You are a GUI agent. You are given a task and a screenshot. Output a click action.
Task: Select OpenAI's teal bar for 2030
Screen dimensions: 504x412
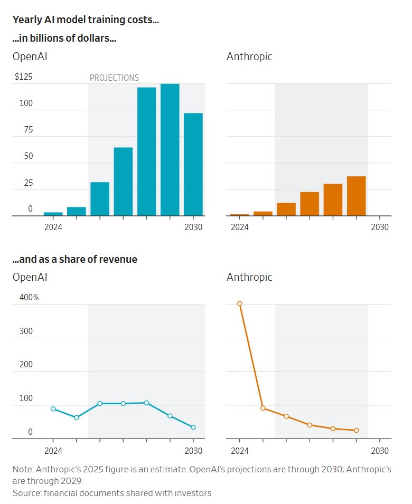click(x=193, y=164)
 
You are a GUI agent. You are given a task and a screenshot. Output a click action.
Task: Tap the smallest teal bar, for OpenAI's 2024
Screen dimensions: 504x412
click(x=53, y=214)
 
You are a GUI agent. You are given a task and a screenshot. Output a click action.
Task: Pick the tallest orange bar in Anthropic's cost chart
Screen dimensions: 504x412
click(x=356, y=196)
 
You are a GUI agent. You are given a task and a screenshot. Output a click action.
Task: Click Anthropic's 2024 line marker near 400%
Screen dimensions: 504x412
click(x=239, y=303)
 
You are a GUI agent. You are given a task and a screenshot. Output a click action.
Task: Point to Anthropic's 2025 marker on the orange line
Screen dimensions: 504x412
click(x=263, y=408)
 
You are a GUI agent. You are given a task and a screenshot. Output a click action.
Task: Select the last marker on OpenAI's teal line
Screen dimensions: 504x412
click(x=193, y=427)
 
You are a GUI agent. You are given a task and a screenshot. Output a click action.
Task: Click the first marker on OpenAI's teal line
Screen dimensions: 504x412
click(x=53, y=408)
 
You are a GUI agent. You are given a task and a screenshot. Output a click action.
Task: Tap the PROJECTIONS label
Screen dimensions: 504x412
click(x=114, y=78)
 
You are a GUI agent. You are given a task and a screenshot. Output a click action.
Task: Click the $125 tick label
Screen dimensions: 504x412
click(x=23, y=77)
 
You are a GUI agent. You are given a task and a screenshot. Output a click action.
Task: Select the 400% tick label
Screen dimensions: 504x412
click(x=29, y=298)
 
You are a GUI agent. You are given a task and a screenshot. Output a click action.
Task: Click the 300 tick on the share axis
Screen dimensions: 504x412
click(x=26, y=331)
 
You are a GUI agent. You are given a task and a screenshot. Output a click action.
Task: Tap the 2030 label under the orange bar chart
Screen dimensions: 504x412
click(x=380, y=227)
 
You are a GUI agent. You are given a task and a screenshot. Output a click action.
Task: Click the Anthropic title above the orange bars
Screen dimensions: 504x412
click(x=249, y=56)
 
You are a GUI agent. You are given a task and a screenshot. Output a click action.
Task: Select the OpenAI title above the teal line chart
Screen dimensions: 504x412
click(x=30, y=277)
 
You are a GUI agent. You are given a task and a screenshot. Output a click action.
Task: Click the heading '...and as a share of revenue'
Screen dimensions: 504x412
click(x=74, y=259)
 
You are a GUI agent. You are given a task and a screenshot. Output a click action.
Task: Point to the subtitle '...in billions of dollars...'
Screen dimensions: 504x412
click(x=64, y=39)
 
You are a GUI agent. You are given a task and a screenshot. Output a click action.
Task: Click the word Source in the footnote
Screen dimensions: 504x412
click(x=26, y=493)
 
